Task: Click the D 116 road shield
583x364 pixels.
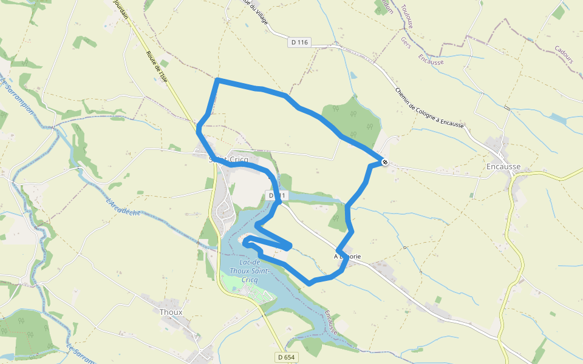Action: coord(299,42)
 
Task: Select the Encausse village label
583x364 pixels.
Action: coord(503,166)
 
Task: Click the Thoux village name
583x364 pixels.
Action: coord(171,312)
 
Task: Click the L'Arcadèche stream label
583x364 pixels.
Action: coord(123,207)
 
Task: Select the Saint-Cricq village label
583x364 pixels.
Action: coord(228,160)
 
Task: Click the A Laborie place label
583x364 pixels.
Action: coord(347,257)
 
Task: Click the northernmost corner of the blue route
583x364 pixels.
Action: coord(217,79)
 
